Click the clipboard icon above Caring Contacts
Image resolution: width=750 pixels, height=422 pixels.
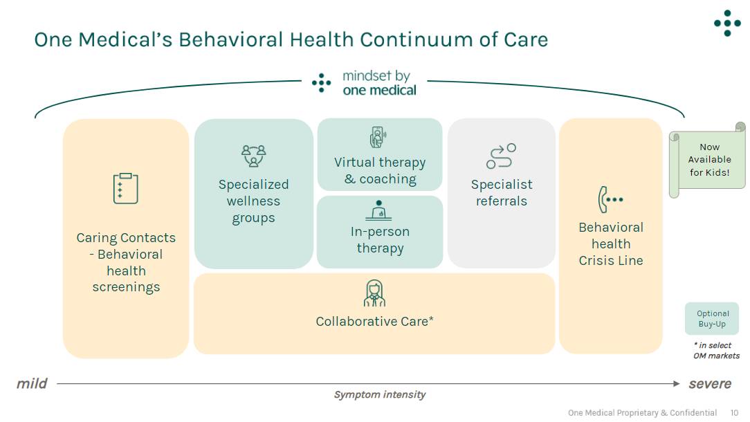click(x=126, y=188)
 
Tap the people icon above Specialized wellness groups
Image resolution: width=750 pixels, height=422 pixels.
click(x=253, y=156)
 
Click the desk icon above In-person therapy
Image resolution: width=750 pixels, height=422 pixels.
click(x=379, y=210)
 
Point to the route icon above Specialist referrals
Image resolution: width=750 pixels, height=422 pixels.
click(x=501, y=156)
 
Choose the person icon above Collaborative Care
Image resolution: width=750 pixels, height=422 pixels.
click(x=374, y=293)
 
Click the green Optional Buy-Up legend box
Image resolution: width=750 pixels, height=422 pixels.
click(x=712, y=319)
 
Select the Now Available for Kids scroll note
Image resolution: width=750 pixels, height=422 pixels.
click(x=708, y=160)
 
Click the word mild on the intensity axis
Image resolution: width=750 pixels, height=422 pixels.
click(x=32, y=383)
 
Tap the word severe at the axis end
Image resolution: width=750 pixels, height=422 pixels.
click(x=709, y=383)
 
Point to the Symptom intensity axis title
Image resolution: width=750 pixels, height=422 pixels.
click(x=380, y=395)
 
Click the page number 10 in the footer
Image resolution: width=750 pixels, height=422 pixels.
click(x=734, y=413)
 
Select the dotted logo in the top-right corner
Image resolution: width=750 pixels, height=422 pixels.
click(x=727, y=23)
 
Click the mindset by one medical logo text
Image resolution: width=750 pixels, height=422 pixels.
click(x=379, y=83)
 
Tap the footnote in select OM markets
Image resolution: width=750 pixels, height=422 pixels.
click(x=716, y=351)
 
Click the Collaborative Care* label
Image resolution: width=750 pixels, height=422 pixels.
click(x=374, y=321)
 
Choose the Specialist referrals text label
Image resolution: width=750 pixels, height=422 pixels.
click(x=502, y=193)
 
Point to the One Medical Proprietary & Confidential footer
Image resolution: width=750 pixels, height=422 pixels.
click(x=642, y=413)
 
